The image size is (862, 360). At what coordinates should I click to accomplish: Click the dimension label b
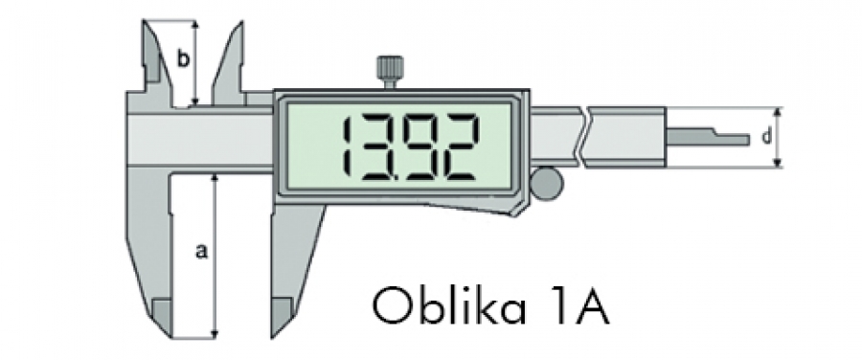pyautogui.click(x=184, y=58)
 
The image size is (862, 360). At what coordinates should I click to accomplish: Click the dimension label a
pyautogui.click(x=202, y=251)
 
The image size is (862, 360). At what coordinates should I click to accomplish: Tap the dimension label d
pyautogui.click(x=765, y=137)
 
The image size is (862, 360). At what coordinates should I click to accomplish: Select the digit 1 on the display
pyautogui.click(x=348, y=147)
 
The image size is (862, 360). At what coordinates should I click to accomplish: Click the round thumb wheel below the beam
pyautogui.click(x=547, y=184)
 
